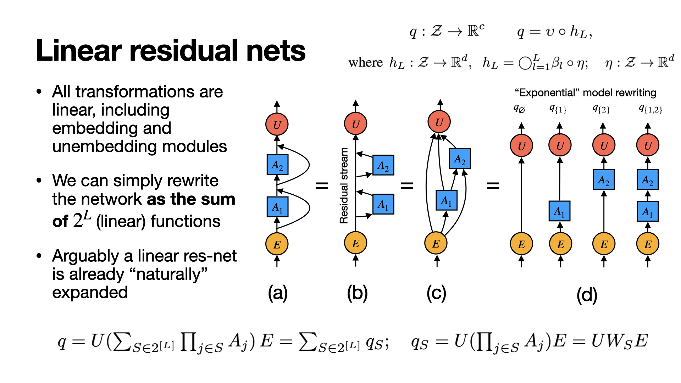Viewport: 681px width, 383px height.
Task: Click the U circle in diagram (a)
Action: pos(277,124)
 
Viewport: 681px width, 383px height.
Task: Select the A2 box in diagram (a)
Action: pos(277,165)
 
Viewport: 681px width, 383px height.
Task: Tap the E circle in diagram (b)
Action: pos(355,243)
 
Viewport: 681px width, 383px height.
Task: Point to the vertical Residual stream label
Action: pos(344,185)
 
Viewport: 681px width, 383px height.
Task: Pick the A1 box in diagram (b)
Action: pos(383,204)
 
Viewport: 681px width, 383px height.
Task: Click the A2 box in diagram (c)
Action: pos(460,159)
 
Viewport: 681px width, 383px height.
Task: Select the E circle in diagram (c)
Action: pos(436,243)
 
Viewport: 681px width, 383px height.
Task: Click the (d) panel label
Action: pos(587,295)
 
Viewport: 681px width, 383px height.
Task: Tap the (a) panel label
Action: pos(277,293)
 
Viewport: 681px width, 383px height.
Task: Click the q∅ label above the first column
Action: pos(519,109)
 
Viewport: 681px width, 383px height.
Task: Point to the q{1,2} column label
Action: pos(650,109)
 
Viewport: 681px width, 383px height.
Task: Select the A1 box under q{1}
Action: pos(559,211)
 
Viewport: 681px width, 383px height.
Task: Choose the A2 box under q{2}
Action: pos(604,180)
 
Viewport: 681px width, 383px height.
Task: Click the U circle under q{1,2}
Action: pos(648,145)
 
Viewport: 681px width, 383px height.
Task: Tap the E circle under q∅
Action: pos(521,244)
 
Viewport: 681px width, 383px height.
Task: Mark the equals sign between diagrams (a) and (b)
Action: pos(322,185)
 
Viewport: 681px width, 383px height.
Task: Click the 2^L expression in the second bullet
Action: pos(82,220)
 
